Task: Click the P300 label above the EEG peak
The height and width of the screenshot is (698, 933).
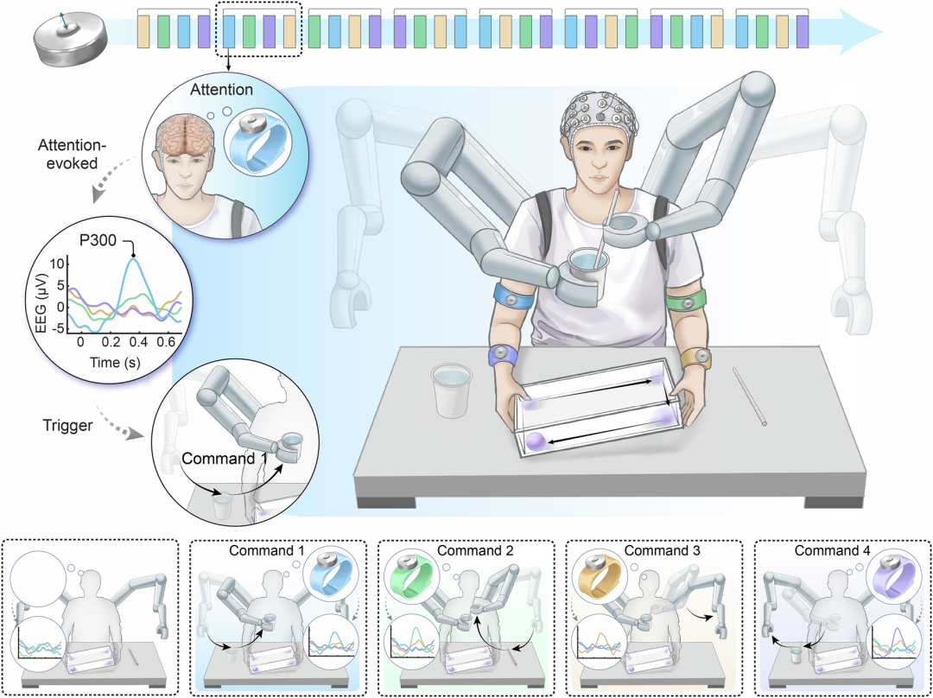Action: [x=97, y=242]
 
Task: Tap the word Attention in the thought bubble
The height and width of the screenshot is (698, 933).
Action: [x=221, y=90]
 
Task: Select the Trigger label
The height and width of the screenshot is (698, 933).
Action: [x=68, y=426]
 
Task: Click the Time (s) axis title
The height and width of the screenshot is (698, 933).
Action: [x=115, y=362]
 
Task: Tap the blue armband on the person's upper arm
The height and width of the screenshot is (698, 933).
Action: [x=515, y=295]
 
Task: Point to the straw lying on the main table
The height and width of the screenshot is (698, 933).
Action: [x=749, y=397]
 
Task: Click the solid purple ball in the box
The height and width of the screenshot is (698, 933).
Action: [x=535, y=441]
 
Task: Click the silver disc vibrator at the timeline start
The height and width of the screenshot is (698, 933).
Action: [x=71, y=41]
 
